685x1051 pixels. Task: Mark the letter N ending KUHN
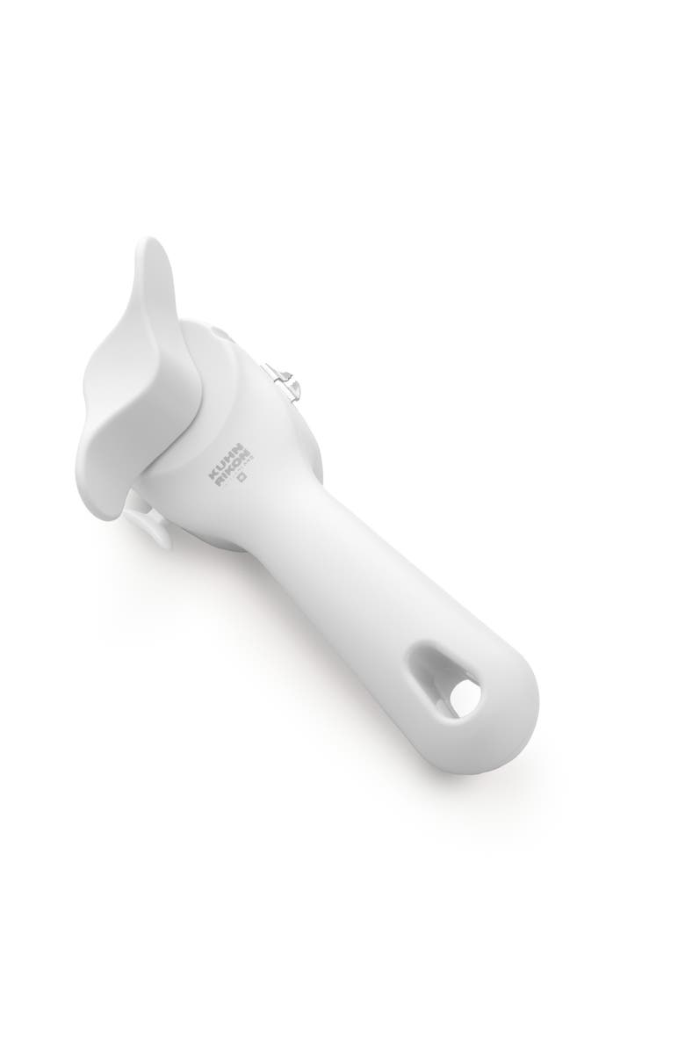225,453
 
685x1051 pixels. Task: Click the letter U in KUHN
215,468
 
